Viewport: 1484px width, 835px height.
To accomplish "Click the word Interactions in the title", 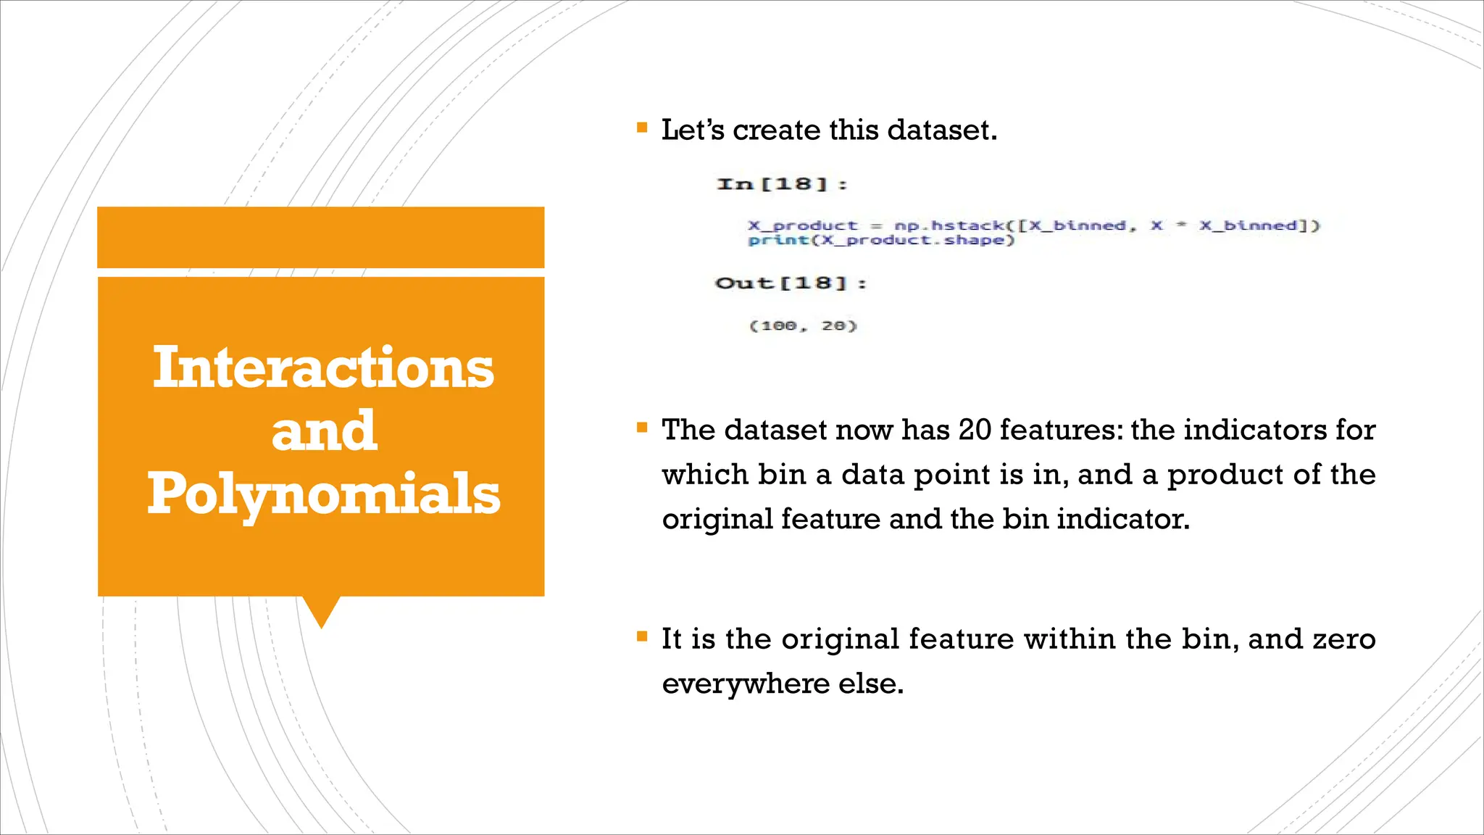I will click(323, 367).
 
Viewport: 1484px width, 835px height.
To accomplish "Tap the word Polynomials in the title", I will click(323, 494).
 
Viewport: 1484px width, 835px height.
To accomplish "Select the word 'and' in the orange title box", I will click(324, 431).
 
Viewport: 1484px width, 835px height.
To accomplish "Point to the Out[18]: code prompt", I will click(791, 283).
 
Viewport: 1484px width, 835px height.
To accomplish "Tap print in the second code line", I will click(778, 240).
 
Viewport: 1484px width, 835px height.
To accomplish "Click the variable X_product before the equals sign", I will click(802, 225).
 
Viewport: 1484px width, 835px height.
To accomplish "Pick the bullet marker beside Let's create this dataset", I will click(641, 128).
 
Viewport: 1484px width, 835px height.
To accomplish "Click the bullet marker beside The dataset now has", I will click(641, 428).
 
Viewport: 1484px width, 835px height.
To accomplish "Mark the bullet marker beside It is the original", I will click(641, 637).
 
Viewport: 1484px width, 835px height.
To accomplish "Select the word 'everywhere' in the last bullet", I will click(746, 684).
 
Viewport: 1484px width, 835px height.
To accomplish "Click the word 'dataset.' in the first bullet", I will click(942, 130).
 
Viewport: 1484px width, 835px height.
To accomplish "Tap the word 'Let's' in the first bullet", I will click(692, 130).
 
